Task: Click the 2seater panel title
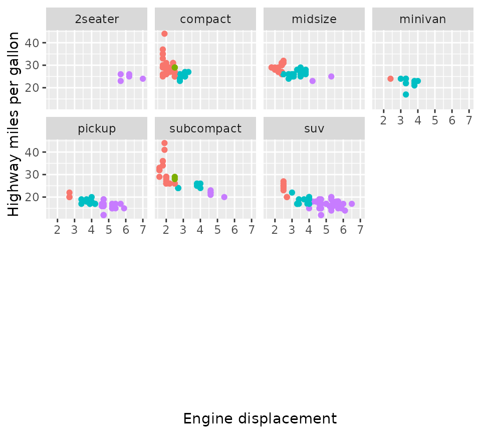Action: pos(97,20)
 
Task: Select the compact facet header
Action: pos(205,20)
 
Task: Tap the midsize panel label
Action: pos(314,20)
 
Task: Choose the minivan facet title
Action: pos(422,20)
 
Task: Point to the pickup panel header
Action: pos(97,128)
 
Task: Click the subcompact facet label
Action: pos(205,128)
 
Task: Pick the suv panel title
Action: pos(314,128)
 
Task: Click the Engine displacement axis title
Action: pos(260,418)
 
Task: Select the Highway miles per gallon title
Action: pos(15,124)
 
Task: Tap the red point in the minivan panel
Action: pos(390,79)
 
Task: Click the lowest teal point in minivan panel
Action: pos(406,94)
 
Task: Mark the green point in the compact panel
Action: pos(174,68)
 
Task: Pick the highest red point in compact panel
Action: pos(164,34)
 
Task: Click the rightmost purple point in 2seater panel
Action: pos(143,79)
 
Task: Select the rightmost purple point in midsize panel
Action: pos(331,76)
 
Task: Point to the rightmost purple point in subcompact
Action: pos(224,197)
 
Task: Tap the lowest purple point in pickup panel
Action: pos(103,215)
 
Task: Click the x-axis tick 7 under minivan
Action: pos(469,120)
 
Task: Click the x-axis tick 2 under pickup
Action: pos(57,230)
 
